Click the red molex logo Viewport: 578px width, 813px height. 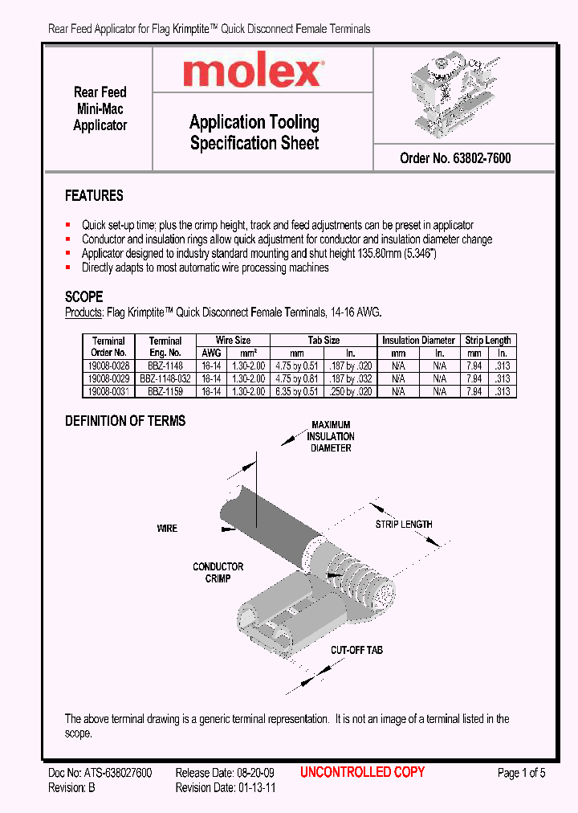click(252, 73)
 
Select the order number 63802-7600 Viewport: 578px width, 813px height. click(455, 158)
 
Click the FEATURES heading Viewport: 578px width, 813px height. click(94, 196)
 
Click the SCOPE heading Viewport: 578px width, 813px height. click(83, 296)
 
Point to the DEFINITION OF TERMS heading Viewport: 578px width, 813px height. click(124, 421)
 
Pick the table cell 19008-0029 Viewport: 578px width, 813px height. click(108, 378)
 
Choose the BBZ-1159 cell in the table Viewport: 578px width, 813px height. click(165, 391)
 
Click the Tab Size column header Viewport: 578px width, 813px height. click(324, 340)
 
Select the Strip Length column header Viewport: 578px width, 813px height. click(487, 340)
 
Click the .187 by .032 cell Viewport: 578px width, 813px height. click(352, 378)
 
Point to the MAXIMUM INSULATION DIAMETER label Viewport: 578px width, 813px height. click(331, 436)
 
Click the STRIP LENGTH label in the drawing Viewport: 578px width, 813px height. click(404, 525)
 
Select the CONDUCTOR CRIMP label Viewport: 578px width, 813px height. click(218, 573)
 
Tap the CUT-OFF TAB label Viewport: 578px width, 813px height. click(358, 649)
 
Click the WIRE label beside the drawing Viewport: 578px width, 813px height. click(167, 529)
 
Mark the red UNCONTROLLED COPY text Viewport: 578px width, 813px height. click(362, 772)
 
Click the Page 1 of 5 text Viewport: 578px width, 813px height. click(521, 773)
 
